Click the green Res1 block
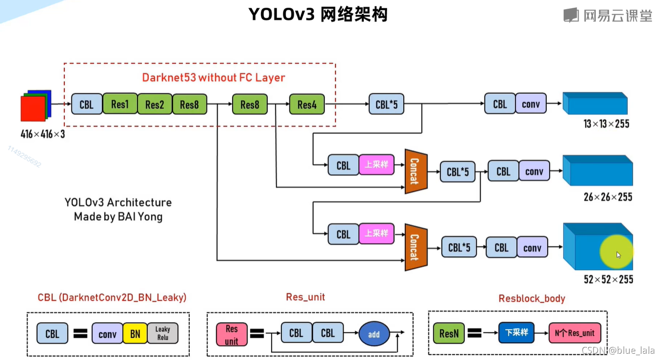coord(120,104)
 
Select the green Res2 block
coord(154,104)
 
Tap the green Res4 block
coord(307,104)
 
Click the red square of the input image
coord(32,109)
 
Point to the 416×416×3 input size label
coord(42,134)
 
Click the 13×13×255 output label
coord(606,124)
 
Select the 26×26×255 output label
coord(607,197)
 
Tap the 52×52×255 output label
coord(608,279)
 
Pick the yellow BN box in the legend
coord(135,334)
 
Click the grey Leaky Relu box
coord(163,334)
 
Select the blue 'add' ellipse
coord(374,334)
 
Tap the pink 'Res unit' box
coord(232,334)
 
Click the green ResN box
coord(449,333)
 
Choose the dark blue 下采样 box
coord(516,332)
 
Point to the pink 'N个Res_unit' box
coord(575,332)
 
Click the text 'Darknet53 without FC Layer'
coord(213,78)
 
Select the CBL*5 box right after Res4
coord(386,104)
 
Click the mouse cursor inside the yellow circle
coord(619,255)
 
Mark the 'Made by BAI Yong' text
coord(118,217)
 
